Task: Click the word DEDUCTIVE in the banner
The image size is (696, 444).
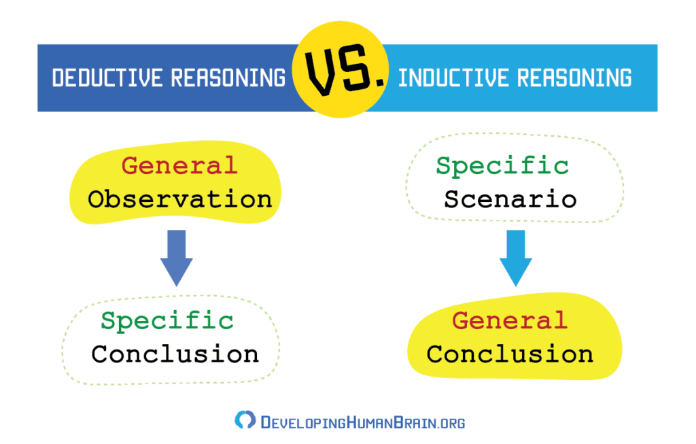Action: coord(107,78)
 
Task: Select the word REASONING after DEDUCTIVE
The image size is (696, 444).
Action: coord(228,78)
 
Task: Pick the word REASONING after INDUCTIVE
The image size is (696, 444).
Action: coord(574,78)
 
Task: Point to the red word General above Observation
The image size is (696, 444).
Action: coord(179,166)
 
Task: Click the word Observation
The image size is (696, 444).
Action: coord(179,199)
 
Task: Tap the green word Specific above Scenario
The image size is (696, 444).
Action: coord(502,167)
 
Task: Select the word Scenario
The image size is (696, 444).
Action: coord(510,199)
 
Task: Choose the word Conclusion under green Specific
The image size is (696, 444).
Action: coord(175,354)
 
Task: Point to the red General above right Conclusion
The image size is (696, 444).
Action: coord(510,320)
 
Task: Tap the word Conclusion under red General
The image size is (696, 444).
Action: coord(510,354)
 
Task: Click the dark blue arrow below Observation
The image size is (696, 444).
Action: coord(176,258)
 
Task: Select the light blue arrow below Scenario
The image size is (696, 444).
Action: coord(516,258)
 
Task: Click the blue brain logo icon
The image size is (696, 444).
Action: coord(245,420)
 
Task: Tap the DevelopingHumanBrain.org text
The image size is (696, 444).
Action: coord(363,422)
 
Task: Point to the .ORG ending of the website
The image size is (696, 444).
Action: coord(451,423)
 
